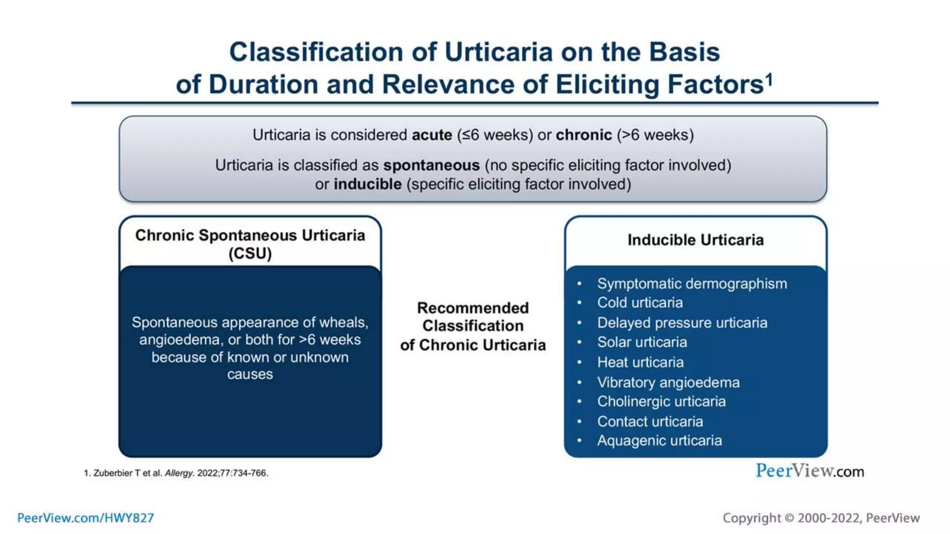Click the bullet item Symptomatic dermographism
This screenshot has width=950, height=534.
coord(691,283)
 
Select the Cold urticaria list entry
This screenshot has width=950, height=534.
coord(640,303)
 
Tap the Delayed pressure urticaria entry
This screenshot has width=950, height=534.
coord(682,323)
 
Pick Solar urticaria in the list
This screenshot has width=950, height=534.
coord(642,342)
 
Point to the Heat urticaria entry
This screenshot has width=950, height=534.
coord(640,362)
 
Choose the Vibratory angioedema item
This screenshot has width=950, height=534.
coord(668,382)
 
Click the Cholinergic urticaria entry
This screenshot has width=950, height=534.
coord(661,401)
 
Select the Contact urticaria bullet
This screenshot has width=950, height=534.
coord(650,421)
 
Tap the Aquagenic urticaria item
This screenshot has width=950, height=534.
coord(659,440)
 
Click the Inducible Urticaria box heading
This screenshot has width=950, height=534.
coord(695,240)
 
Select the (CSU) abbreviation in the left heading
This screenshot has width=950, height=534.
coord(250,254)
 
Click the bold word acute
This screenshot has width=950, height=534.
coord(432,135)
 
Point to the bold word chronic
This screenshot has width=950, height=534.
coord(584,135)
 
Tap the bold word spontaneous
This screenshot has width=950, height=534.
coord(431,165)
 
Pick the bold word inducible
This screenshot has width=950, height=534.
coord(367,184)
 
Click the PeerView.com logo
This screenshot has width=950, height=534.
coord(809,471)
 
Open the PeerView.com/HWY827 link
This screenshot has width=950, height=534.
coord(85,518)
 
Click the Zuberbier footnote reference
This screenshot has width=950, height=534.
coord(176,473)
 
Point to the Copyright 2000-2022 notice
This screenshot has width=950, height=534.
coord(821,518)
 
